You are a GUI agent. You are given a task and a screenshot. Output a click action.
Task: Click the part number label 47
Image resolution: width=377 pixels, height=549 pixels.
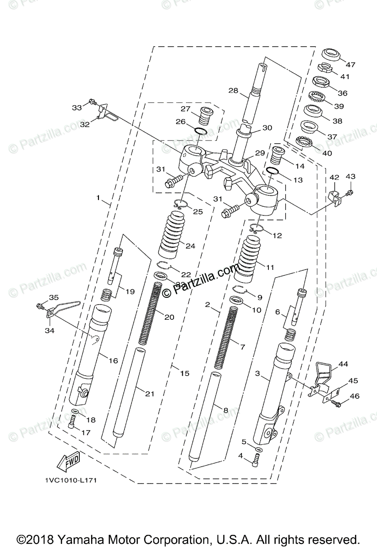click(350, 65)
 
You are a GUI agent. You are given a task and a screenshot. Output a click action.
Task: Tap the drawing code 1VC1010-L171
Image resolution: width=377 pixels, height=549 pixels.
click(71, 480)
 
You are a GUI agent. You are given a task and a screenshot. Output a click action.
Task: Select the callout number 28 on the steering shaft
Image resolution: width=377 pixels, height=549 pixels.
click(233, 91)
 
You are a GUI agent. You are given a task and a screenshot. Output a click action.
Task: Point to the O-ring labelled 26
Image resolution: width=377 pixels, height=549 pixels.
click(200, 132)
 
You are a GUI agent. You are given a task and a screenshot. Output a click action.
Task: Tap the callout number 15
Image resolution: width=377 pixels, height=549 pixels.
click(184, 373)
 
